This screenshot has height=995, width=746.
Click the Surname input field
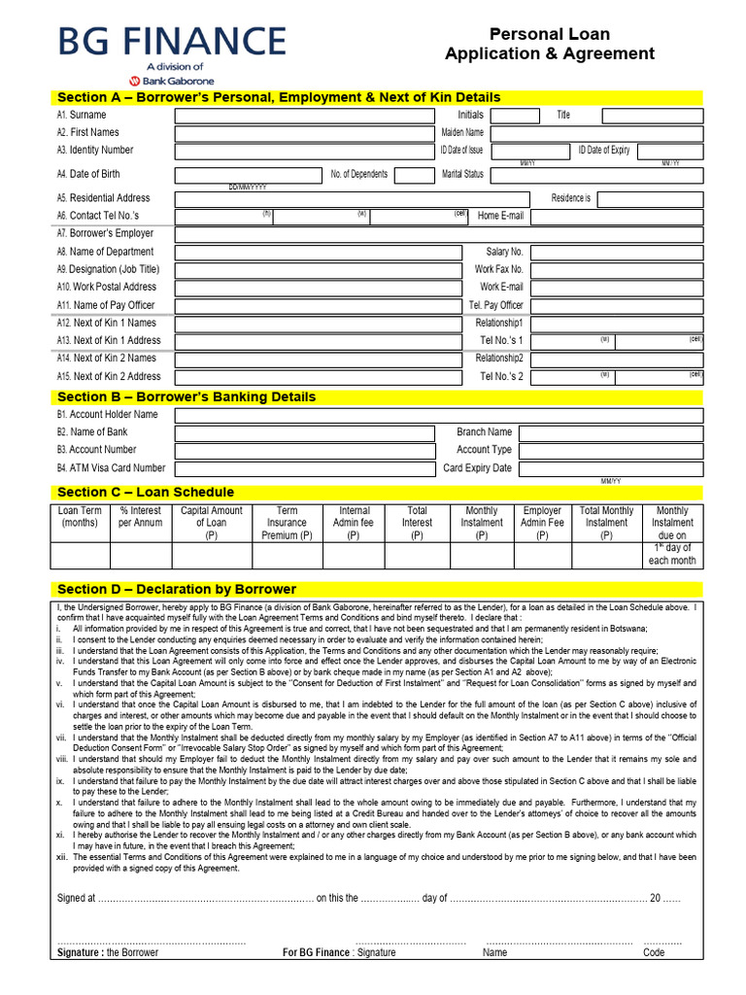[x=302, y=116]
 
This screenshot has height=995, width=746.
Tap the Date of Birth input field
[x=247, y=175]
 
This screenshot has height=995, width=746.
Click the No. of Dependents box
[x=415, y=175]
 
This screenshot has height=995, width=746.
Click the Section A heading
[x=279, y=97]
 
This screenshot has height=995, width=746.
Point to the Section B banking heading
[x=186, y=396]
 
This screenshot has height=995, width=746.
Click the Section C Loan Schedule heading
[x=146, y=492]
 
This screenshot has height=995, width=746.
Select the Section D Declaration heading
[x=177, y=589]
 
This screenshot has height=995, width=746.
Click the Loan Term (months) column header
[x=80, y=516]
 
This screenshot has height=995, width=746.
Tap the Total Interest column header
[x=417, y=522]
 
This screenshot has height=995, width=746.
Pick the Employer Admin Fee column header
[x=542, y=522]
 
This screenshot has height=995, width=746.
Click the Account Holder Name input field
[x=438, y=415]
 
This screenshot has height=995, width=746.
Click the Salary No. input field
[x=617, y=252]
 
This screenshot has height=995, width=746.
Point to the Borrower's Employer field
[x=438, y=234]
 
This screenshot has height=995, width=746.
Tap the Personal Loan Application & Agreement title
[x=550, y=45]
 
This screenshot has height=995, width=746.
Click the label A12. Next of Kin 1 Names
[x=106, y=323]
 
